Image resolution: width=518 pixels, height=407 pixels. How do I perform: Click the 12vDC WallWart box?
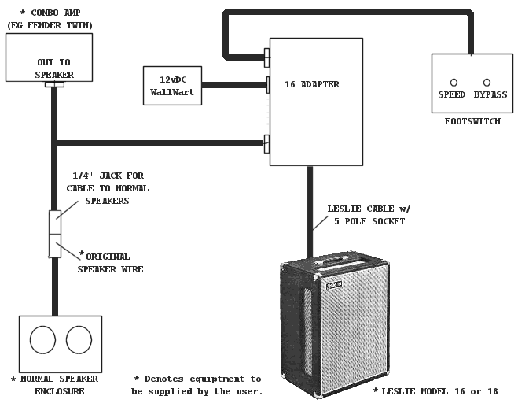172,86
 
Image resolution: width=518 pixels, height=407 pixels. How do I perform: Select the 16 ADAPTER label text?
312,84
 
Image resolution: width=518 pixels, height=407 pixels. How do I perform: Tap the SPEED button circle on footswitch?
454,82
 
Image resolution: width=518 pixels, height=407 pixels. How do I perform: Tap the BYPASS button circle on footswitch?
487,82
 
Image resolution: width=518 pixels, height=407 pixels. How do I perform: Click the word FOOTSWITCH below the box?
472,121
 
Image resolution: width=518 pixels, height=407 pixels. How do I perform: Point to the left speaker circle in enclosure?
42,340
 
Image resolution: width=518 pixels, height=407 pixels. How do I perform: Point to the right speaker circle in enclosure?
79,340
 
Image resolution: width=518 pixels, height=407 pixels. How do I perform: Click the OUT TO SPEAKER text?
54,68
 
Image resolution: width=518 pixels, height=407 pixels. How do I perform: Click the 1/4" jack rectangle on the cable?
54,233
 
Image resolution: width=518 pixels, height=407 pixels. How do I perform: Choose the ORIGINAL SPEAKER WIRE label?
106,262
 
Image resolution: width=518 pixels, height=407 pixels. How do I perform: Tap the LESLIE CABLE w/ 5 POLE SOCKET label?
369,215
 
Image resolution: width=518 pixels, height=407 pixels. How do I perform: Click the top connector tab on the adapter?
267,57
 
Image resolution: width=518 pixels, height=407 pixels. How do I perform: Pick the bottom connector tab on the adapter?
267,143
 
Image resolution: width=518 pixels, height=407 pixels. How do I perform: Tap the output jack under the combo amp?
54,84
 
